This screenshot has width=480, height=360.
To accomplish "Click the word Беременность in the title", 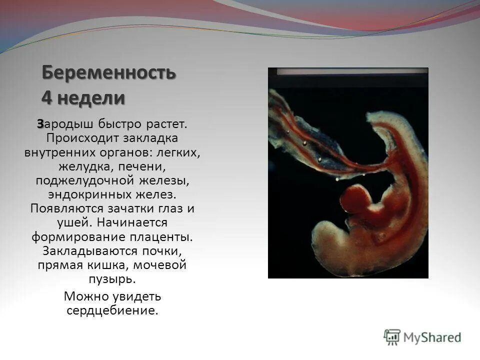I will tap(108, 73).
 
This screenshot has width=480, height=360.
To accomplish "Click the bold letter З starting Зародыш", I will tap(39, 123).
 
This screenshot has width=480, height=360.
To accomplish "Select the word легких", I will tap(182, 152).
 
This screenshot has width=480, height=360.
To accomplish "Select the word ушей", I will tap(74, 222).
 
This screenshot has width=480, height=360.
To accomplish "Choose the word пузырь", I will tap(112, 278).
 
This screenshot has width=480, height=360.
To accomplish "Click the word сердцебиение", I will tap(112, 310).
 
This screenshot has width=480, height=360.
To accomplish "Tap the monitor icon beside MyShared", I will tap(392, 337).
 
